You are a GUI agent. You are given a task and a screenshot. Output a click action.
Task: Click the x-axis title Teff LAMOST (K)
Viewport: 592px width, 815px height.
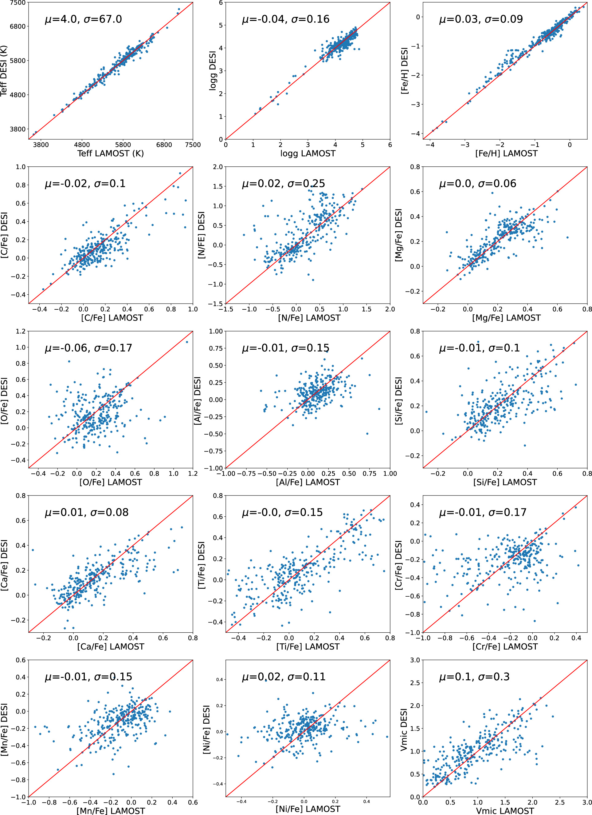tap(110, 153)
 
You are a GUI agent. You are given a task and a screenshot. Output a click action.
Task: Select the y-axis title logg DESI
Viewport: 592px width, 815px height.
tap(213, 70)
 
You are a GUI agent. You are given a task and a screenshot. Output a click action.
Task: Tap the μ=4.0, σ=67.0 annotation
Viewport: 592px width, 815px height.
tap(83, 19)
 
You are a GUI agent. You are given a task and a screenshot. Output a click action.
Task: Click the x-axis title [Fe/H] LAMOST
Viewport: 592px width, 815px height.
tap(506, 153)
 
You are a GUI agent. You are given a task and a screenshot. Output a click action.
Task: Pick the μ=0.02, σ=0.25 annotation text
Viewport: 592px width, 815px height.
tap(283, 184)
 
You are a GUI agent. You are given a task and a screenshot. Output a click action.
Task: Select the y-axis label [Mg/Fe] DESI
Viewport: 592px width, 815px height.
tap(398, 235)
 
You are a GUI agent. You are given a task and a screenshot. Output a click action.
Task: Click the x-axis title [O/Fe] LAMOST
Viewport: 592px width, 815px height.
tap(110, 482)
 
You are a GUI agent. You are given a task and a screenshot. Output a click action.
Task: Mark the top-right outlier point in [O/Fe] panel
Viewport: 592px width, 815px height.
tap(187, 342)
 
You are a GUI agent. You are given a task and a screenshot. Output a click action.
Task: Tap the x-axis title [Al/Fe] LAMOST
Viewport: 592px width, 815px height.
tap(308, 482)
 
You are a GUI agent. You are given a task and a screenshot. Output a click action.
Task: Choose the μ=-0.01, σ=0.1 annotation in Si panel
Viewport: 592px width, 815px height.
tap(479, 348)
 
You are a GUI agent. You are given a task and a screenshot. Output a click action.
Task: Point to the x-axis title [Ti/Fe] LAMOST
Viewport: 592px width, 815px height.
tap(308, 646)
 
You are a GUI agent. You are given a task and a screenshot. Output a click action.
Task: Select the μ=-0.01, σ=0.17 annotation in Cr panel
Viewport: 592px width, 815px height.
tap(483, 512)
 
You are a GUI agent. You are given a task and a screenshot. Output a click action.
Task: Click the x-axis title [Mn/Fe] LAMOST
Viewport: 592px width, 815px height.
tap(110, 811)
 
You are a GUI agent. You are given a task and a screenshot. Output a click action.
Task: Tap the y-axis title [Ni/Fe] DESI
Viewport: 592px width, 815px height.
tap(207, 729)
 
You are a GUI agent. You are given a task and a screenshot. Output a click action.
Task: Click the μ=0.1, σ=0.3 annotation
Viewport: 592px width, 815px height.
tap(474, 677)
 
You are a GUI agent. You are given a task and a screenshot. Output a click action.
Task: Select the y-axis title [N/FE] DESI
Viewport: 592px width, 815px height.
tap(202, 235)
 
